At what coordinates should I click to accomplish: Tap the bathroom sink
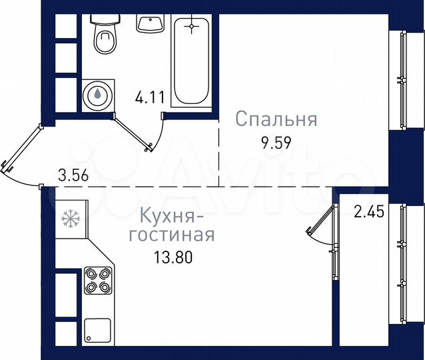pos(151,22)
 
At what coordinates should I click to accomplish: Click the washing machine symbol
pos(98,95)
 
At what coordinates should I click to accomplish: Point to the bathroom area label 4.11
pos(149,97)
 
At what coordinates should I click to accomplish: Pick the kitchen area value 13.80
pos(171,257)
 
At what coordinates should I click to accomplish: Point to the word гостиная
pos(171,235)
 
